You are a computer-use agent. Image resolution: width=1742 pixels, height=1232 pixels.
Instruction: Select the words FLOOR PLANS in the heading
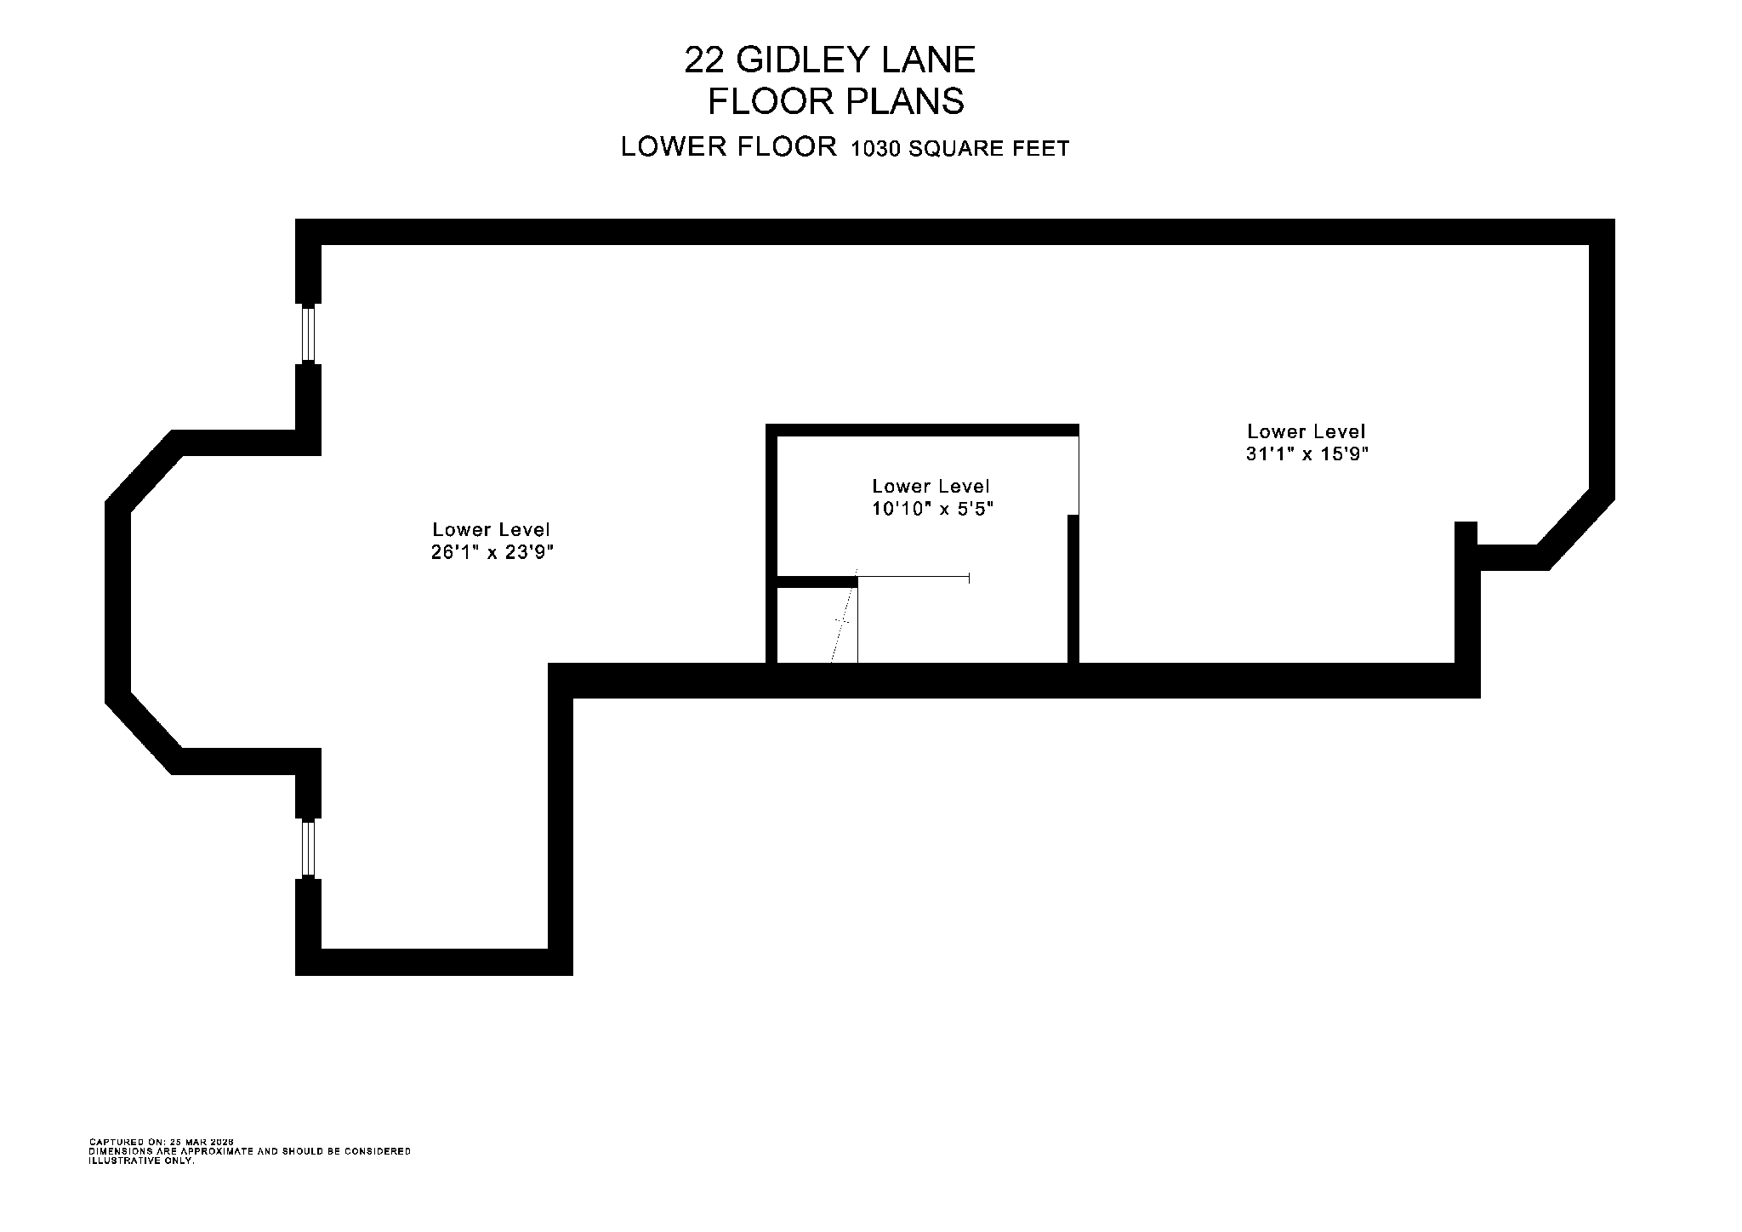pos(836,102)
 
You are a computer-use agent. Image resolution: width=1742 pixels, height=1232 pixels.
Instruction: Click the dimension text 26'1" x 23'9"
pos(492,552)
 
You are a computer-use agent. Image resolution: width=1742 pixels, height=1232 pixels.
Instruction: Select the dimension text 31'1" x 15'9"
pos(1306,454)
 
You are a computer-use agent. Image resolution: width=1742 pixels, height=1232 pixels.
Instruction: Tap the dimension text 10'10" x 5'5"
pos(932,509)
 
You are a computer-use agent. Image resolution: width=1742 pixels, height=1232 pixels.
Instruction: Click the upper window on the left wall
pos(309,334)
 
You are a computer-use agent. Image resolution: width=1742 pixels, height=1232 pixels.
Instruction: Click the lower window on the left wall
pos(309,848)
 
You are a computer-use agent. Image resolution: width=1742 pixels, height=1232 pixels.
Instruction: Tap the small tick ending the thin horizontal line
pos(969,578)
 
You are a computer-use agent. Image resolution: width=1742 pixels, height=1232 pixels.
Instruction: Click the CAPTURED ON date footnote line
pos(162,1142)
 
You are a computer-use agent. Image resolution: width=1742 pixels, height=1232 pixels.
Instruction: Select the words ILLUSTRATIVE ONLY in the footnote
pos(142,1161)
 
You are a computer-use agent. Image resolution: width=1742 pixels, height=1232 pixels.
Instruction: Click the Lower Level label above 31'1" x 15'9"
pos(1306,431)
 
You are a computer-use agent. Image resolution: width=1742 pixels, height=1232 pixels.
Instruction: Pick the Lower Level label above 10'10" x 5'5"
pos(931,486)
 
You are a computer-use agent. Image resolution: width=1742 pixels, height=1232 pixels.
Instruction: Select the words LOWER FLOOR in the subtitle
pos(729,147)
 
